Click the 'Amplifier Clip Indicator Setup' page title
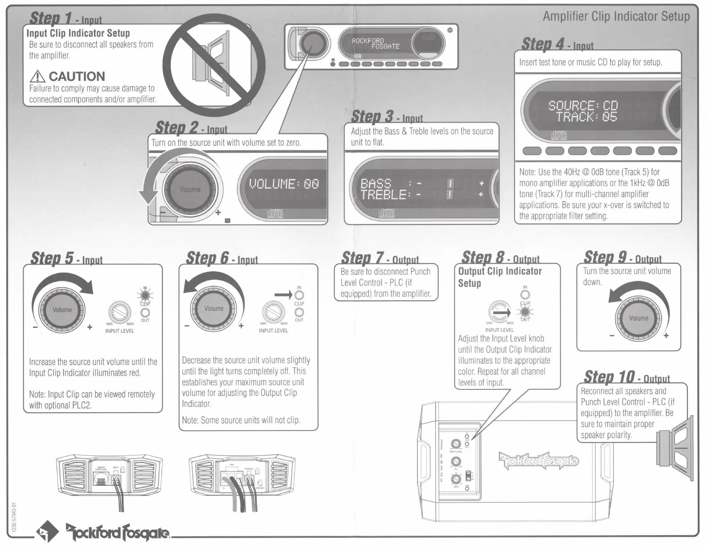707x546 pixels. [x=616, y=17]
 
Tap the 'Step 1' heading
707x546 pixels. [x=51, y=18]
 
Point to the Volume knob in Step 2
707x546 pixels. [x=190, y=190]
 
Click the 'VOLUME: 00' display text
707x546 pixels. [x=284, y=184]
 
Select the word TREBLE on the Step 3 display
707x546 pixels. [x=383, y=194]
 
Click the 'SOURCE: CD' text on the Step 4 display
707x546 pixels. [x=583, y=106]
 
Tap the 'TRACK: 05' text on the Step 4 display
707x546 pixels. [x=586, y=117]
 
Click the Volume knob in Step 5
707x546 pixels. [x=62, y=310]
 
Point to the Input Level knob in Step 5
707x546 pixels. [x=120, y=311]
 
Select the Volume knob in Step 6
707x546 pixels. [x=214, y=309]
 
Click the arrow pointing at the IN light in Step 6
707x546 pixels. [x=283, y=294]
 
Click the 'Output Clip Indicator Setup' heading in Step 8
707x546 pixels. [x=500, y=277]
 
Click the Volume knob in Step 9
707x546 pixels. [x=638, y=318]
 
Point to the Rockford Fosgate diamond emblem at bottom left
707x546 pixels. [x=48, y=531]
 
